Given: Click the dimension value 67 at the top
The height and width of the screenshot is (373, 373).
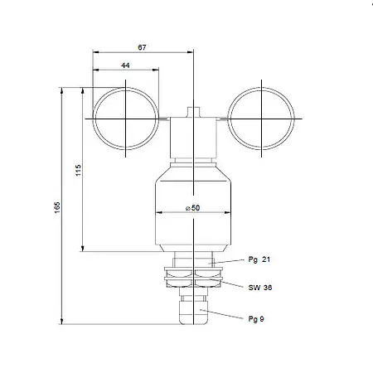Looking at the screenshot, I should pyautogui.click(x=142, y=49).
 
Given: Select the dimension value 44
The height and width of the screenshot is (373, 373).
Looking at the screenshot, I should pyautogui.click(x=125, y=65).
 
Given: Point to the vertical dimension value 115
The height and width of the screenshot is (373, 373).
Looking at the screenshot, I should pyautogui.click(x=78, y=170).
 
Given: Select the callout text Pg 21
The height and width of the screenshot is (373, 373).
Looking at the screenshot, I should pyautogui.click(x=259, y=259).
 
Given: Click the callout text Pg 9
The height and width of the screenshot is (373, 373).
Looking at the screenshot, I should pyautogui.click(x=257, y=317).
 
